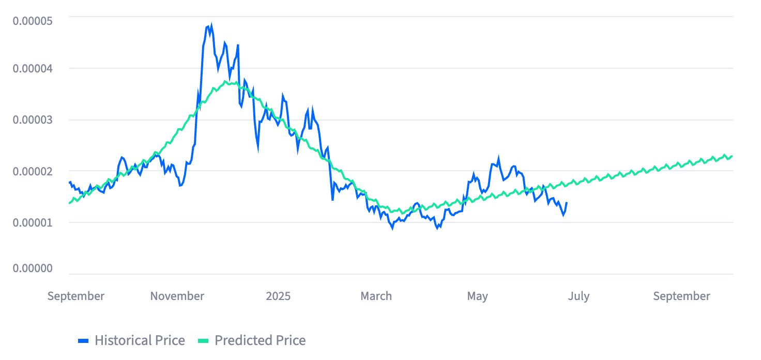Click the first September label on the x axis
click(x=76, y=296)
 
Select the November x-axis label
click(x=177, y=296)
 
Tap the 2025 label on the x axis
click(x=278, y=296)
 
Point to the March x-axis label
click(x=376, y=296)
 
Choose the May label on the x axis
click(x=477, y=296)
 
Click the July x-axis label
click(x=578, y=296)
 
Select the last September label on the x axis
click(x=681, y=296)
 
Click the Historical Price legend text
click(x=140, y=340)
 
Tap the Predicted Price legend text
click(x=260, y=340)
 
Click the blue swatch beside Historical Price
click(x=84, y=340)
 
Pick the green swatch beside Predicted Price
click(x=204, y=340)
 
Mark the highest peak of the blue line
click(x=211, y=24)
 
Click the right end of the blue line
click(x=567, y=203)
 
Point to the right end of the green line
click(x=732, y=156)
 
